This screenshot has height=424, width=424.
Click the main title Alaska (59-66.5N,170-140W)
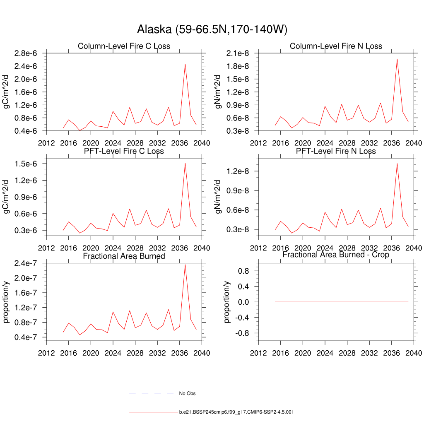click(212, 29)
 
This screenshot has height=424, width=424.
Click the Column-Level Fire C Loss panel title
click(124, 46)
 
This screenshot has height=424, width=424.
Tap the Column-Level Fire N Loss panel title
click(336, 46)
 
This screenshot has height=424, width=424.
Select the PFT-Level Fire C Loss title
click(124, 151)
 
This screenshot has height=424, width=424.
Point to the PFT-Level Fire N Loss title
click(336, 151)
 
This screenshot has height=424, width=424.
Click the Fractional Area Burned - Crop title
click(336, 255)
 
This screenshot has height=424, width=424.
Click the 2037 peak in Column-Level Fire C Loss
click(185, 64)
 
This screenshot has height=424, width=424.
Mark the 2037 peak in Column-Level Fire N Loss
click(397, 59)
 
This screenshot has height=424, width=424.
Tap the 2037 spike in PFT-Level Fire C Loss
click(185, 163)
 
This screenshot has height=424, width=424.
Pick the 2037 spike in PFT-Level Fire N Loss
click(397, 163)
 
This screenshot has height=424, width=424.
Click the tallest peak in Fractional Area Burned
click(185, 265)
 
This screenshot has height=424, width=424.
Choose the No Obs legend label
click(187, 393)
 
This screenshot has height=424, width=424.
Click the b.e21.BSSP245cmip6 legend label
click(236, 412)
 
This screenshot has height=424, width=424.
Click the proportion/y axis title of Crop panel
click(227, 301)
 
